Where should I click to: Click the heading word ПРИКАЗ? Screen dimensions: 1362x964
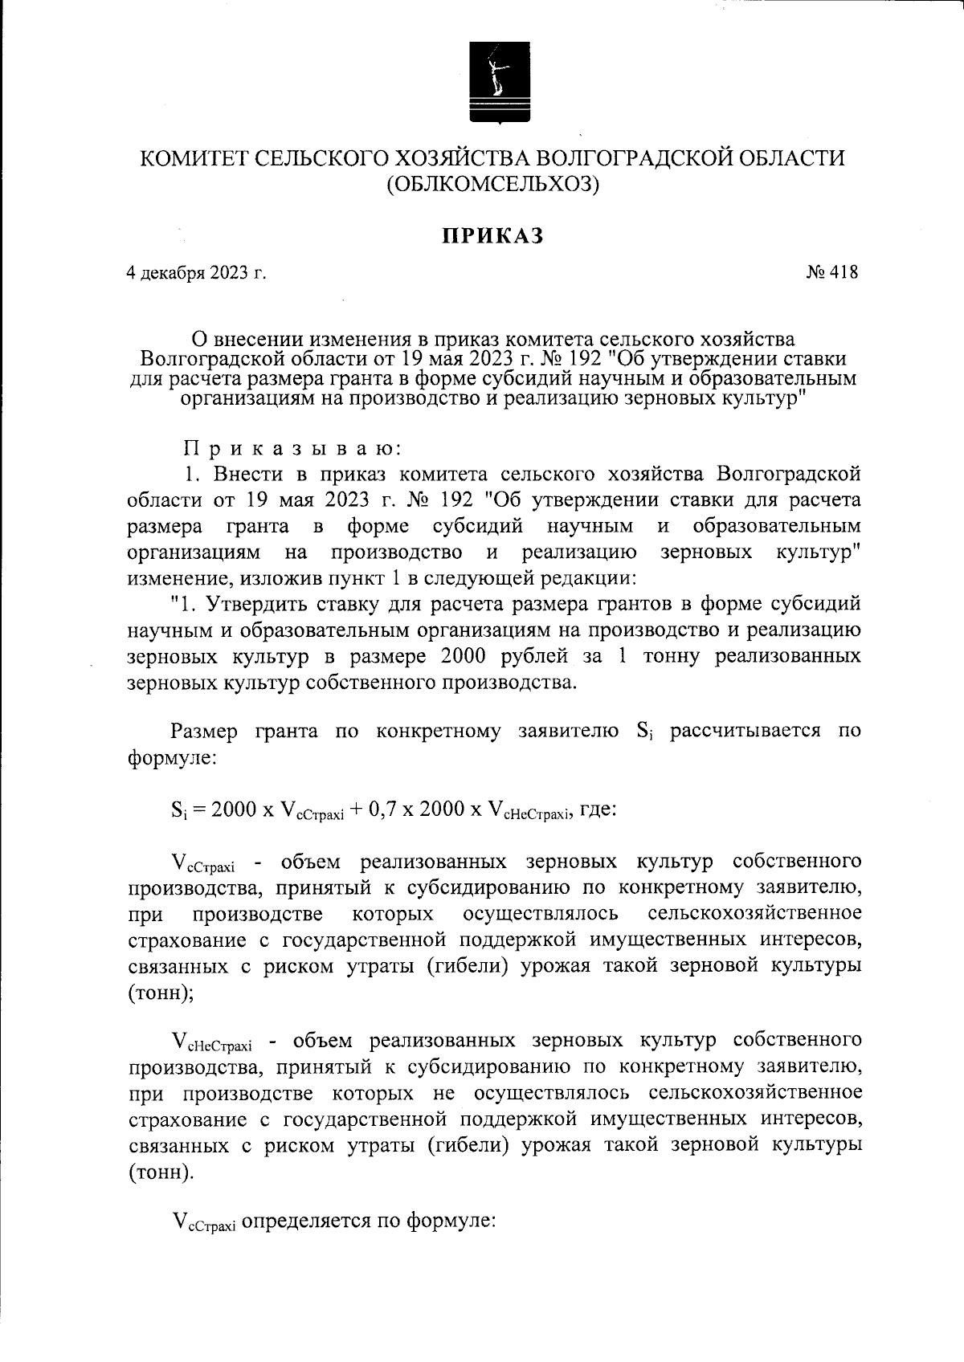pyautogui.click(x=492, y=235)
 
